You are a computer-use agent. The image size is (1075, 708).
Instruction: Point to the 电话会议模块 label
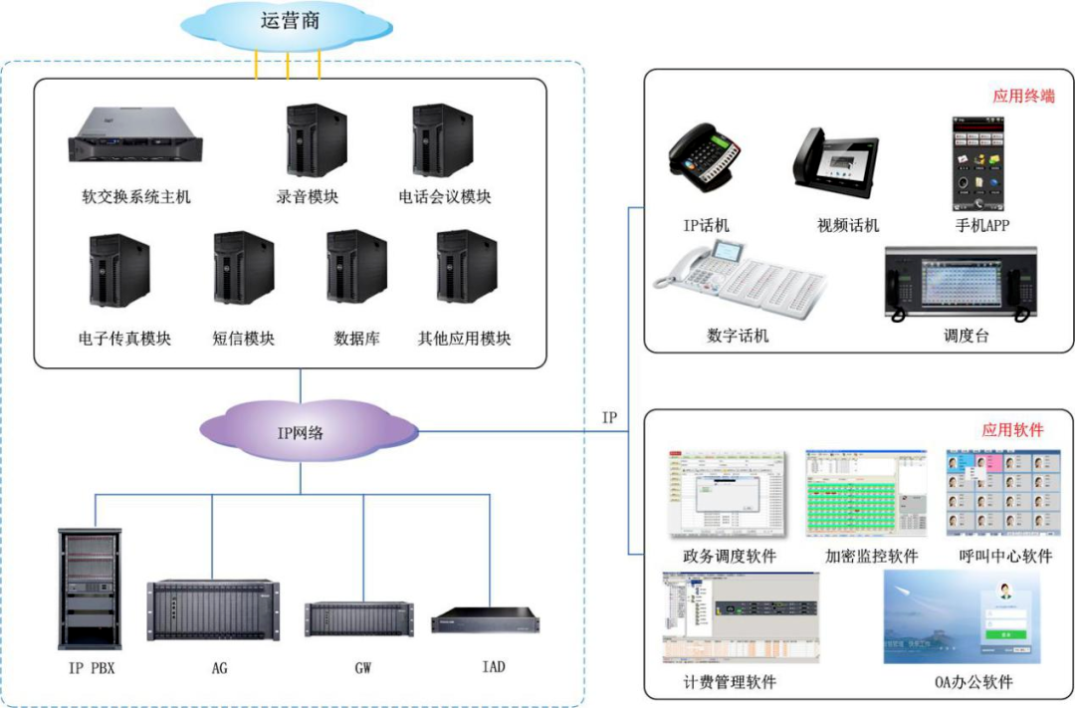point(445,197)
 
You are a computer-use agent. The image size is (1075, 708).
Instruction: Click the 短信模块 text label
point(244,339)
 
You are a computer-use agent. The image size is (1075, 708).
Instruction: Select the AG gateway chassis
point(213,609)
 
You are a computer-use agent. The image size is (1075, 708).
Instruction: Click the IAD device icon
point(486,618)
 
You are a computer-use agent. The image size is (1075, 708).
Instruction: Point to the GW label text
point(363,668)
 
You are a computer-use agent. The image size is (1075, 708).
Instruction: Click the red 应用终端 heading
point(1022,97)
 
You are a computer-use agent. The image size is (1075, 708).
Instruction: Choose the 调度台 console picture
point(961,284)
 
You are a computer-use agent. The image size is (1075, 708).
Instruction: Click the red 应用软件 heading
point(1012,430)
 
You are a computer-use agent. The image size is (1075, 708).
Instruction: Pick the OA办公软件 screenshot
point(962,617)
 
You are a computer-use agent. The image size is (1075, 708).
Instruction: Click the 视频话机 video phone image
point(836,159)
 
